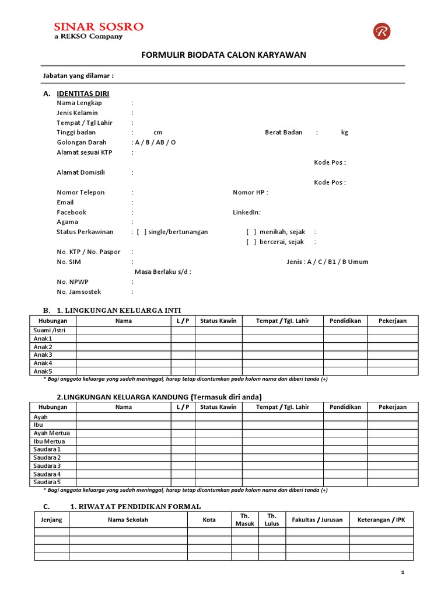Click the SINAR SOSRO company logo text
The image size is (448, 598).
click(99, 27)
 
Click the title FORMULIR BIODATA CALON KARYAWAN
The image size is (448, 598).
click(224, 55)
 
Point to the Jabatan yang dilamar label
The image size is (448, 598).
click(78, 76)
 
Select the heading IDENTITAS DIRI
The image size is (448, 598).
click(83, 93)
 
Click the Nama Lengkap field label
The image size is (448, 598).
click(79, 103)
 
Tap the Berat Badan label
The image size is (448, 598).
click(283, 133)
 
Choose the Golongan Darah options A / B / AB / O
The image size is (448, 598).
click(155, 142)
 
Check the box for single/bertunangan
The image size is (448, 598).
click(142, 232)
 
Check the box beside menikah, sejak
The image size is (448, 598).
click(251, 232)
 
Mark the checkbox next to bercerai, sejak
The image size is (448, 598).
click(251, 242)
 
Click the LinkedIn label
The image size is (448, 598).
click(247, 212)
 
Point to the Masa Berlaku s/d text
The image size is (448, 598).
click(163, 272)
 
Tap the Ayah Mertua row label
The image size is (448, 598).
click(51, 433)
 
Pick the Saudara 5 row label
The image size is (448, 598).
click(47, 482)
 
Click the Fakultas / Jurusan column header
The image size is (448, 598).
click(317, 520)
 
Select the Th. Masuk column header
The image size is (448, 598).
click(245, 520)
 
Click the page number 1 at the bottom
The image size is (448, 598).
click(402, 573)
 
